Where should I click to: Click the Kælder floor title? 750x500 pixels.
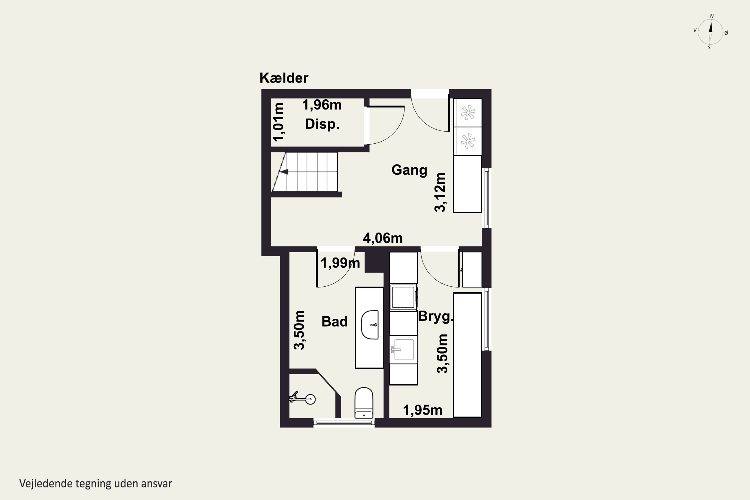(x=284, y=78)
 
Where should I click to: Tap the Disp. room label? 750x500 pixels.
(x=322, y=124)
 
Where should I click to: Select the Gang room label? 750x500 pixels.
(x=409, y=170)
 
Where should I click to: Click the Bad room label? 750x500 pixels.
(x=334, y=321)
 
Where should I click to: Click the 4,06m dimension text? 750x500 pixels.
(x=383, y=238)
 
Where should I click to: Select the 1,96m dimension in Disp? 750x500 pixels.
(x=322, y=105)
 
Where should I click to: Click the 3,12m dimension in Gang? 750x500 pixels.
(x=440, y=192)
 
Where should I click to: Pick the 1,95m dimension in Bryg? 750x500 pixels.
(x=422, y=410)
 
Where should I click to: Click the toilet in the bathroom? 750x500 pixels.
(x=364, y=402)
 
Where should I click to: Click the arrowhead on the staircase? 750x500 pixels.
(x=284, y=172)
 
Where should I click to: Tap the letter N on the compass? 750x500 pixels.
(x=712, y=16)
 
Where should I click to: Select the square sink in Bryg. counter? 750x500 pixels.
(x=404, y=349)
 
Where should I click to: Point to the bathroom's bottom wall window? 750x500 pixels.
(x=344, y=423)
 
